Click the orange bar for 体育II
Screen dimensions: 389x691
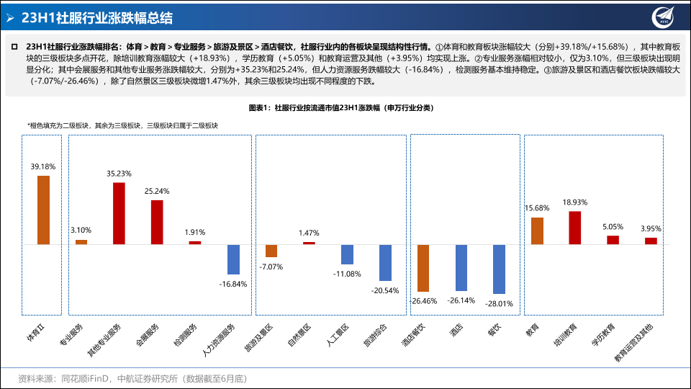pyautogui.click(x=43, y=210)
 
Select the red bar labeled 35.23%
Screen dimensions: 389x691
pyautogui.click(x=119, y=213)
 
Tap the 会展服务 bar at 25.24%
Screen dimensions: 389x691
pyautogui.click(x=157, y=222)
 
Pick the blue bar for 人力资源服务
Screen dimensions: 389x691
pyautogui.click(x=233, y=259)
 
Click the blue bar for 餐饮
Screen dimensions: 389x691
pyautogui.click(x=499, y=269)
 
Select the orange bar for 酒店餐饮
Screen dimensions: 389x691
pyautogui.click(x=423, y=267)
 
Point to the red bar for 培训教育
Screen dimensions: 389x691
pyautogui.click(x=574, y=228)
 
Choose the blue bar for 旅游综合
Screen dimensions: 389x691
pyautogui.click(x=385, y=262)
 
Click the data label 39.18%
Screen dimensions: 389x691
pyautogui.click(x=43, y=166)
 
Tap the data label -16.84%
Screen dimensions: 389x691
pyautogui.click(x=232, y=284)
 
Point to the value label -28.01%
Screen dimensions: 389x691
pyautogui.click(x=498, y=303)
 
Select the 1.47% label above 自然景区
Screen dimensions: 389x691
pyautogui.click(x=309, y=233)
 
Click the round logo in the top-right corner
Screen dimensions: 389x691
pyautogui.click(x=664, y=17)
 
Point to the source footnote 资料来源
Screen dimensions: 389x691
pyautogui.click(x=133, y=377)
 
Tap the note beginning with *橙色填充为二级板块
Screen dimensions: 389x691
pyautogui.click(x=122, y=125)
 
